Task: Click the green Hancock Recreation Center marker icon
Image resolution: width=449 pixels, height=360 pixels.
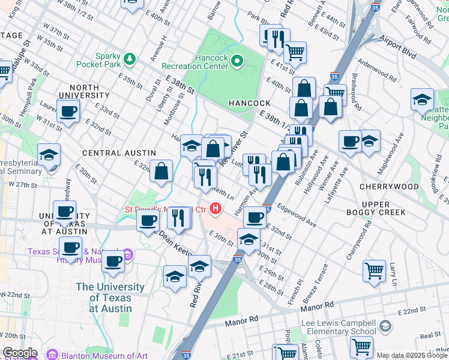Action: click(x=237, y=60)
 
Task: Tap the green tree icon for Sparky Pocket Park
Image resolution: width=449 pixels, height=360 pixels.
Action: click(x=130, y=59)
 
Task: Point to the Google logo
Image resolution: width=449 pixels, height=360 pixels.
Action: click(x=19, y=353)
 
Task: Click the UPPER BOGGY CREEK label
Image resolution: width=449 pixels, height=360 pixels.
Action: click(x=376, y=208)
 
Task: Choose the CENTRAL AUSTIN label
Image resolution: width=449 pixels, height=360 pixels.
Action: click(x=119, y=154)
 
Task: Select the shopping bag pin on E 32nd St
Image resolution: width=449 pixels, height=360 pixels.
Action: click(x=161, y=170)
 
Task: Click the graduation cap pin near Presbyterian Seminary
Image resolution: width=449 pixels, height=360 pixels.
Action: click(x=49, y=155)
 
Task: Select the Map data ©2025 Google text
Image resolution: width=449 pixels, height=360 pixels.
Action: click(x=411, y=355)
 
